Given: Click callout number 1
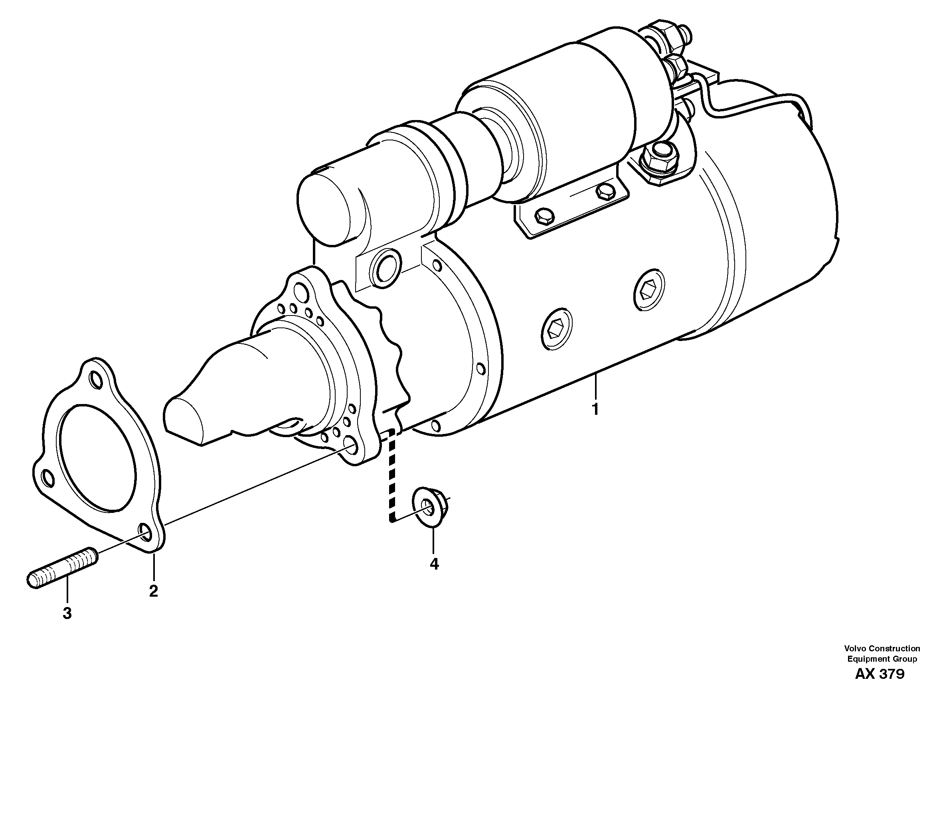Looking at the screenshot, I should tap(595, 409).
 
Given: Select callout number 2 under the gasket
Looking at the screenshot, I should tap(153, 591).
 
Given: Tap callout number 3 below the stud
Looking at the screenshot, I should tap(67, 613).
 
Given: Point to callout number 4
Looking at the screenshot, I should tap(434, 564).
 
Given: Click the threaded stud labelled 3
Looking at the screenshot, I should tap(62, 568).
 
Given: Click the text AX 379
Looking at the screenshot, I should tap(880, 674).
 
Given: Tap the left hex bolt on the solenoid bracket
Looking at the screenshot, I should tap(544, 216).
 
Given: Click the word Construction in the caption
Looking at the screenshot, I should tap(894, 649).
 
